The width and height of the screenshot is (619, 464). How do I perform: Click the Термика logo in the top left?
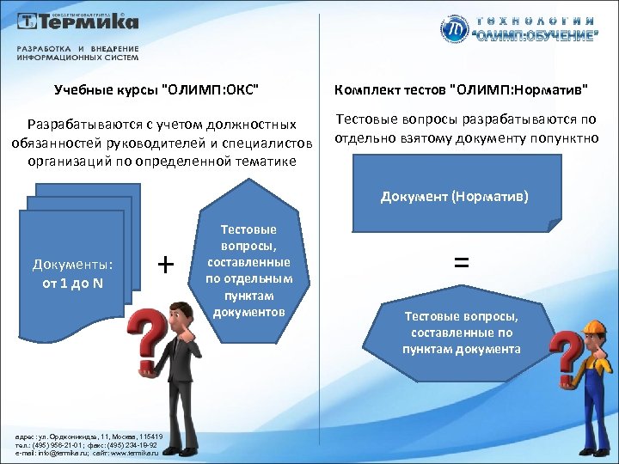click(x=75, y=22)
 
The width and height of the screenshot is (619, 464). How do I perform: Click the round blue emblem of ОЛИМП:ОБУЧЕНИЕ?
click(x=456, y=30)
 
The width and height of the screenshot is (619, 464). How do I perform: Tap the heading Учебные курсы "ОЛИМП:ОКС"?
click(x=156, y=89)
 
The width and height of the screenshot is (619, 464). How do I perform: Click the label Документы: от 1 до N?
click(x=73, y=272)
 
